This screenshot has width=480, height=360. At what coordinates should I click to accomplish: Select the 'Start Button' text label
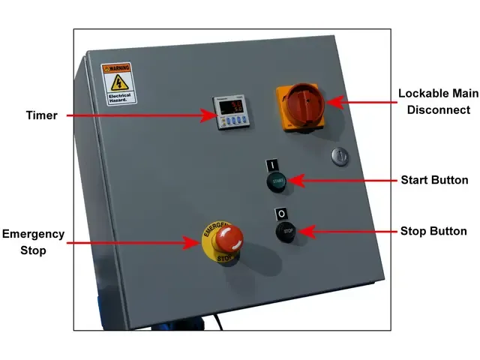(434, 180)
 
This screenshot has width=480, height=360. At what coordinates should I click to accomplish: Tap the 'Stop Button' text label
(433, 231)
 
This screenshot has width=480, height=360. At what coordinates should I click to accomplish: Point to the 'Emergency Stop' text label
(33, 242)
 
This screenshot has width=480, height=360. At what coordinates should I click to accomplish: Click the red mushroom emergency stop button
(229, 239)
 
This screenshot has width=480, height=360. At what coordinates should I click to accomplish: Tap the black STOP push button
(286, 232)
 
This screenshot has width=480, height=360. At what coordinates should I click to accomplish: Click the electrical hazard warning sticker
(118, 83)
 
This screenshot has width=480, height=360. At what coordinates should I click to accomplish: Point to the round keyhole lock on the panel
(339, 157)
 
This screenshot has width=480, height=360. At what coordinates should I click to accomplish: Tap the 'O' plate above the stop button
(281, 214)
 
